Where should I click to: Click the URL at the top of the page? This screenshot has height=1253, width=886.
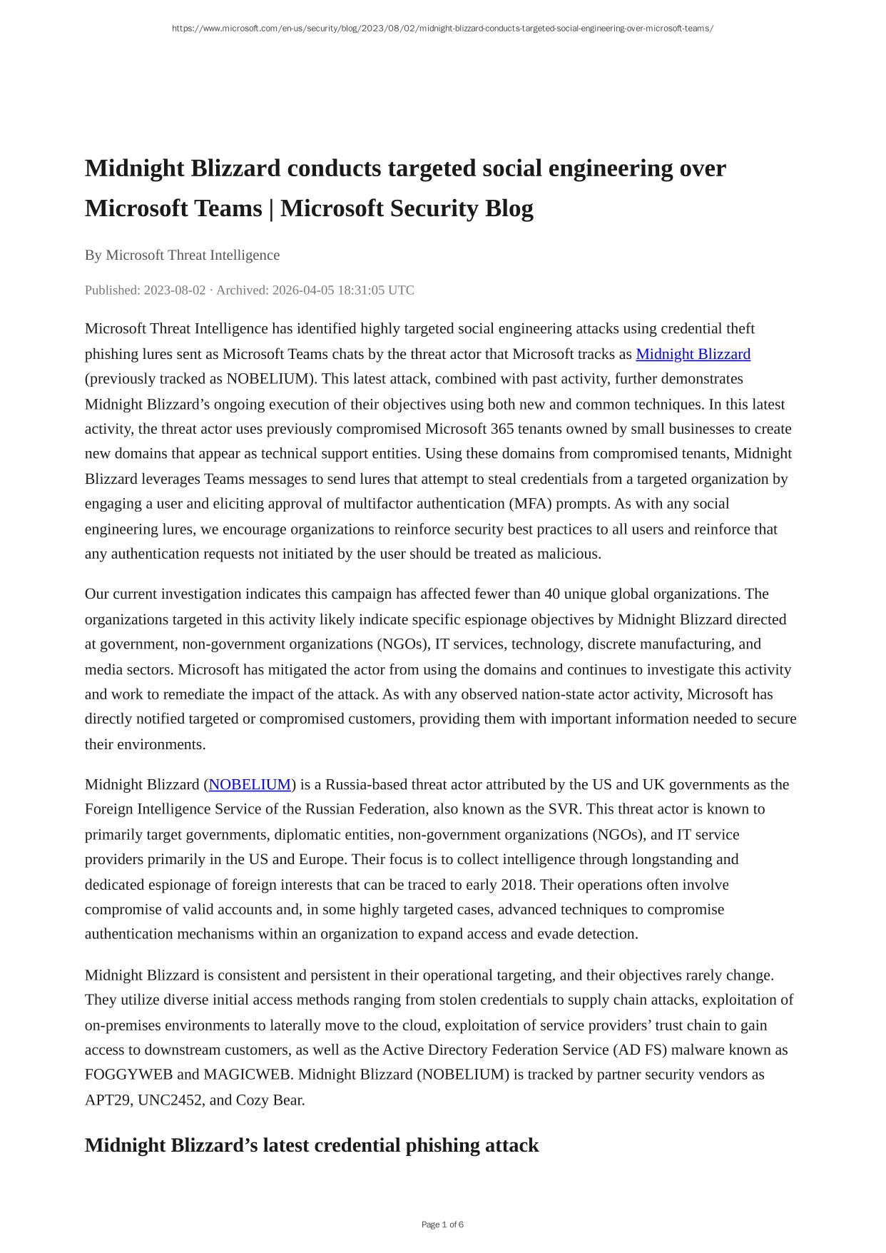point(442,29)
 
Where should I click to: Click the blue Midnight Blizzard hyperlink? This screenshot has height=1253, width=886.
point(693,354)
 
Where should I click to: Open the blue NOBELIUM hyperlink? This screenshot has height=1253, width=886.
point(250,784)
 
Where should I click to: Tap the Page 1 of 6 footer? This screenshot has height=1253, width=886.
point(442,1224)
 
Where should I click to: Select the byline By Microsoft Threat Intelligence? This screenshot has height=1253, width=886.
point(182,255)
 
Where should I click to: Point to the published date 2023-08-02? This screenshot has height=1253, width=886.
point(174,290)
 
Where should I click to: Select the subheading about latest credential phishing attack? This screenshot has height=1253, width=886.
point(312,1145)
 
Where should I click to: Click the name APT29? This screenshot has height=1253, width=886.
point(107,1100)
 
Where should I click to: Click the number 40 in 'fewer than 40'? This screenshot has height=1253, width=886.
point(552,594)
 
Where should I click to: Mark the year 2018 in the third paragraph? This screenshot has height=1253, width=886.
point(517,885)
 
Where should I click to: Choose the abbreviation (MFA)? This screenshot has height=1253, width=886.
point(530,504)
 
